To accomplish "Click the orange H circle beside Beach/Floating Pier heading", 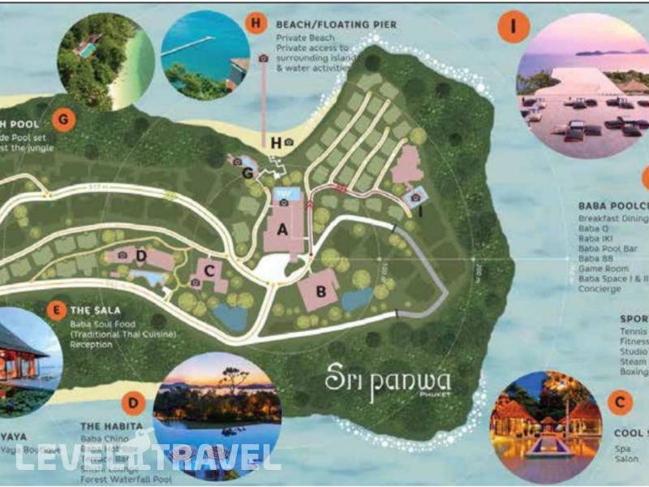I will click(x=256, y=24).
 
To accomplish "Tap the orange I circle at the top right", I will click(x=514, y=27).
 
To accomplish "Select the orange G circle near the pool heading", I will click(x=62, y=119).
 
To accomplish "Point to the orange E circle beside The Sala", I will click(x=56, y=309).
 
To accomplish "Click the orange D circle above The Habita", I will click(x=132, y=403).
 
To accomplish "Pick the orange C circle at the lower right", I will click(x=621, y=401).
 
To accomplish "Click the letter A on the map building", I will click(x=282, y=230).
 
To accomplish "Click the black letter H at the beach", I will click(x=276, y=144).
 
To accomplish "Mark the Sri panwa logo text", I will click(x=387, y=381).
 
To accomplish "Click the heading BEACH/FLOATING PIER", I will click(x=336, y=25).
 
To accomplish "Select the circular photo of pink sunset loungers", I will click(x=583, y=77).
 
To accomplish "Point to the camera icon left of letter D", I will click(x=122, y=255).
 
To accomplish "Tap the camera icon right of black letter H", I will click(x=289, y=144).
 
